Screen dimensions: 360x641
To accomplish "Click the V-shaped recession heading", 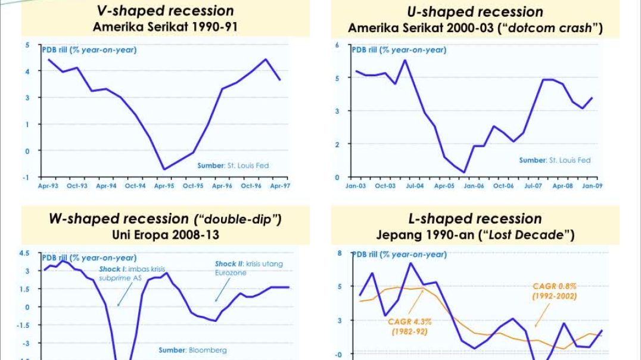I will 165,11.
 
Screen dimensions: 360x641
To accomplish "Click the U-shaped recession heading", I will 475,12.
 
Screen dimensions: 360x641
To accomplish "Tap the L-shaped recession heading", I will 475,219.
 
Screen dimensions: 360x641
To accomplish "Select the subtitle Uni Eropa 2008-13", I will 165,234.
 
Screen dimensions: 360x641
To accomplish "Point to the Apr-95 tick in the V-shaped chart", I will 164,186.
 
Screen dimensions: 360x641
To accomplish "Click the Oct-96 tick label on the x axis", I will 251,186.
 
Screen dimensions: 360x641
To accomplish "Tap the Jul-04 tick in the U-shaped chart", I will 415,186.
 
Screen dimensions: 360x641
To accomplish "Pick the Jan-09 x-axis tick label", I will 591,186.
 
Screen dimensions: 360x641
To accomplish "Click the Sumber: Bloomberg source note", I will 192,350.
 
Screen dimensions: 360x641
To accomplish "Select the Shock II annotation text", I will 249,268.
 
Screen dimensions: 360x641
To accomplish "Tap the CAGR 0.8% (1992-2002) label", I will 554,291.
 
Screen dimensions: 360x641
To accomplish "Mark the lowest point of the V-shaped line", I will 164,169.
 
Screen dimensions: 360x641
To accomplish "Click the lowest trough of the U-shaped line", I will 464,172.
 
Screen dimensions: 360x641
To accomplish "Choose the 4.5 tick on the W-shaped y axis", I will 25,253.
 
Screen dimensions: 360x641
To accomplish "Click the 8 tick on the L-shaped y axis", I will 340,253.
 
